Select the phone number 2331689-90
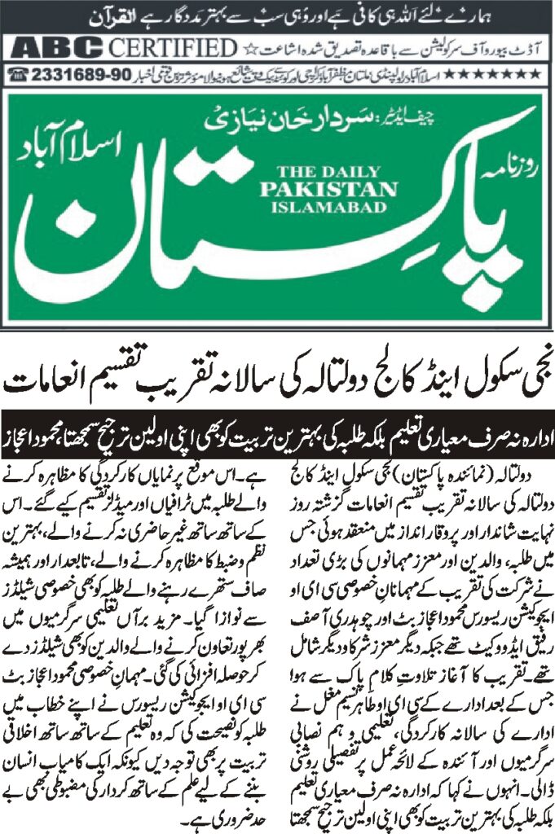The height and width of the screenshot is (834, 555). pyautogui.click(x=78, y=73)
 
